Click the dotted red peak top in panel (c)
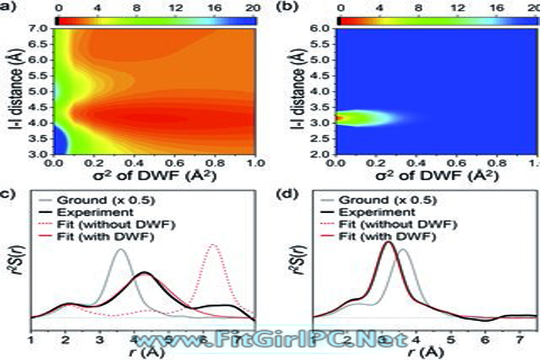(x=214, y=245)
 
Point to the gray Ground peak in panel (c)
(x=120, y=250)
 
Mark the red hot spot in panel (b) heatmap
(x=341, y=118)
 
